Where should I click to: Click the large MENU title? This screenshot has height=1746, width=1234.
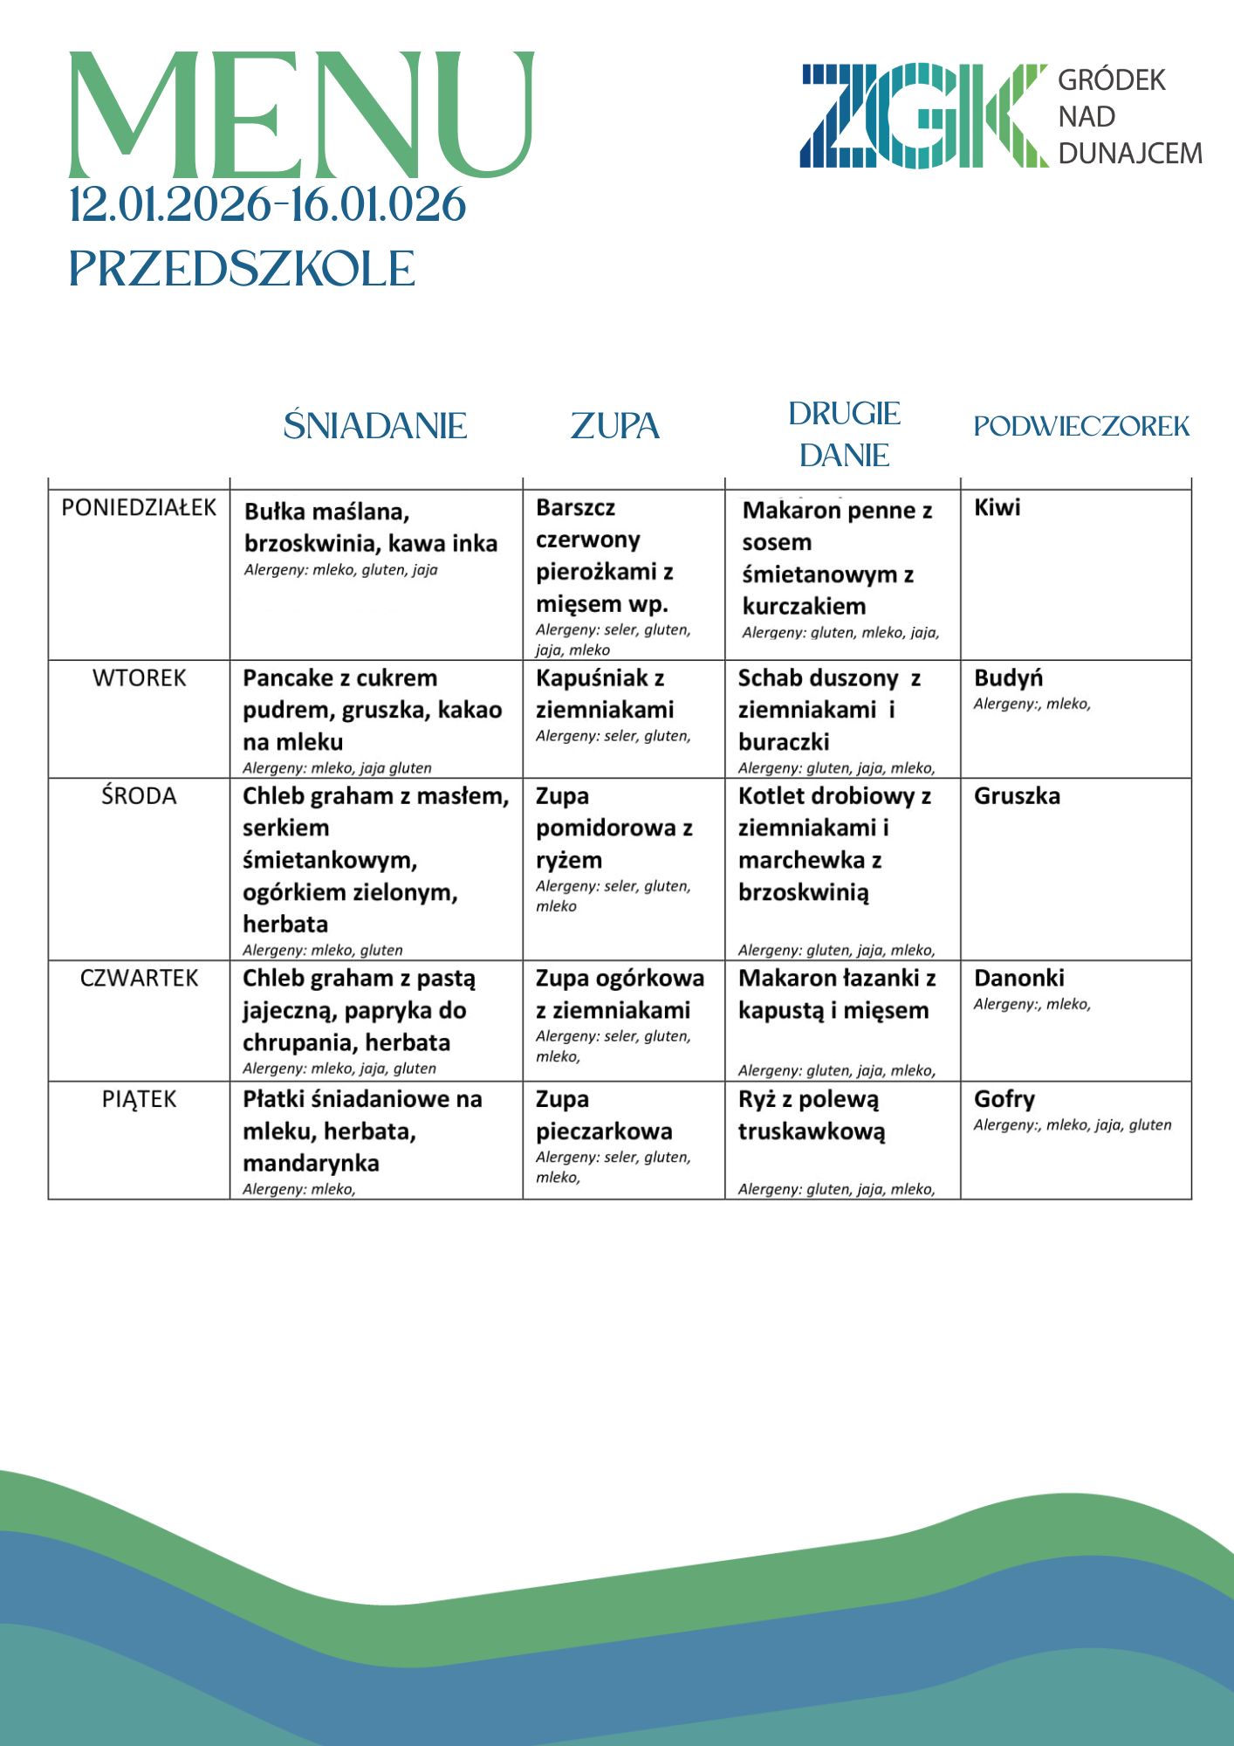(x=301, y=115)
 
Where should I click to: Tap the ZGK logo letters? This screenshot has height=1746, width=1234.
(x=923, y=116)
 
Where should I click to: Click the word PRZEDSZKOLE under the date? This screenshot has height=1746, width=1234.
(x=242, y=269)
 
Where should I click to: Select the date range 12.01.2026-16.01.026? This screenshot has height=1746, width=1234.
(x=268, y=205)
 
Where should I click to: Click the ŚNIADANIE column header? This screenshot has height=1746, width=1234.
(x=375, y=426)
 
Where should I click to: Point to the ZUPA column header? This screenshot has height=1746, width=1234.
(x=615, y=426)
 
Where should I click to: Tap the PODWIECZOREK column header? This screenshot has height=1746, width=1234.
(x=1081, y=426)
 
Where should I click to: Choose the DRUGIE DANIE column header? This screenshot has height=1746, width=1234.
(x=844, y=434)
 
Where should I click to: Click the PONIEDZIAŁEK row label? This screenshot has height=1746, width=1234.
(x=139, y=508)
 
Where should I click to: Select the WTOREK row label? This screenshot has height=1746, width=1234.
(x=140, y=678)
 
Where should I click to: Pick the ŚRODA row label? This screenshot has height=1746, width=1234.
(x=139, y=796)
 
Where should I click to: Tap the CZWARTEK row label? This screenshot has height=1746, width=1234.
(x=140, y=978)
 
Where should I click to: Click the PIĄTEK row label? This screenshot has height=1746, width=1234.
(x=140, y=1099)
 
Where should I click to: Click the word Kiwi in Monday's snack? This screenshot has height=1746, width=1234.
(x=997, y=508)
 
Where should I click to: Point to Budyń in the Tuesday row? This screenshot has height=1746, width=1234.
(x=1008, y=678)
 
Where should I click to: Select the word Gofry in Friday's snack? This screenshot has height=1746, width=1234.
(x=1004, y=1099)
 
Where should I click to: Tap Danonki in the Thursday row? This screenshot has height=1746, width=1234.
(x=1018, y=978)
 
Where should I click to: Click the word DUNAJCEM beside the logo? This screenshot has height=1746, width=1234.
(x=1130, y=154)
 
